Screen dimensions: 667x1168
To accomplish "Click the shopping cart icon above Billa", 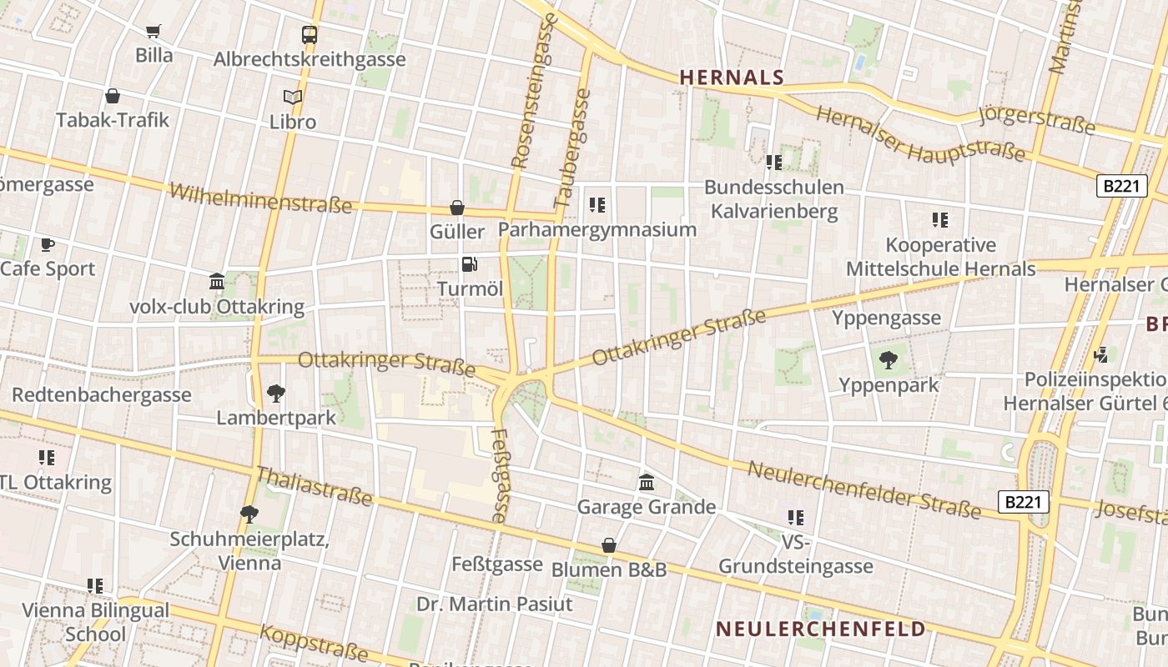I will (x=154, y=32).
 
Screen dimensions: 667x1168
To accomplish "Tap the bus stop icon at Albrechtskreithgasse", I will (x=310, y=35).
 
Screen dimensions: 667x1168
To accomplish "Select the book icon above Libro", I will (x=292, y=98).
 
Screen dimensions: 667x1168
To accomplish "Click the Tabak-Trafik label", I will (x=113, y=120).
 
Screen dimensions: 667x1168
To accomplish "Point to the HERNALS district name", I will (x=732, y=78).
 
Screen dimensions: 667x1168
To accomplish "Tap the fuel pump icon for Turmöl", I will (x=470, y=264).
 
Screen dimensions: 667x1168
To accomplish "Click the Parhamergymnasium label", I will (x=597, y=229).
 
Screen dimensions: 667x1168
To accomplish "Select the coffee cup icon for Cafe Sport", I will (x=48, y=244).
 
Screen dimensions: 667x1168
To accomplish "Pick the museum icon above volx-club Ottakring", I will (x=217, y=282).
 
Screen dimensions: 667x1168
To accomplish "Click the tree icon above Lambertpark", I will (x=275, y=393).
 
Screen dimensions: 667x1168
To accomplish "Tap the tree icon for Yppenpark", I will (x=889, y=360).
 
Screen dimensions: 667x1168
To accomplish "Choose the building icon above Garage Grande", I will (x=647, y=482).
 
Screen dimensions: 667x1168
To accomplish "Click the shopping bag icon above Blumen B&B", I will (x=609, y=545).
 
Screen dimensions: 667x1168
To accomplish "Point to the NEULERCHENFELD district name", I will (x=821, y=629).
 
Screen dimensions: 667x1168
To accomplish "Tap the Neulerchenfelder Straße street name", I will (x=863, y=488).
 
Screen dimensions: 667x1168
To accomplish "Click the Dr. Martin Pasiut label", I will (x=495, y=604).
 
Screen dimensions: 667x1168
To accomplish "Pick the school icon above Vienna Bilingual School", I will (x=95, y=586).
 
